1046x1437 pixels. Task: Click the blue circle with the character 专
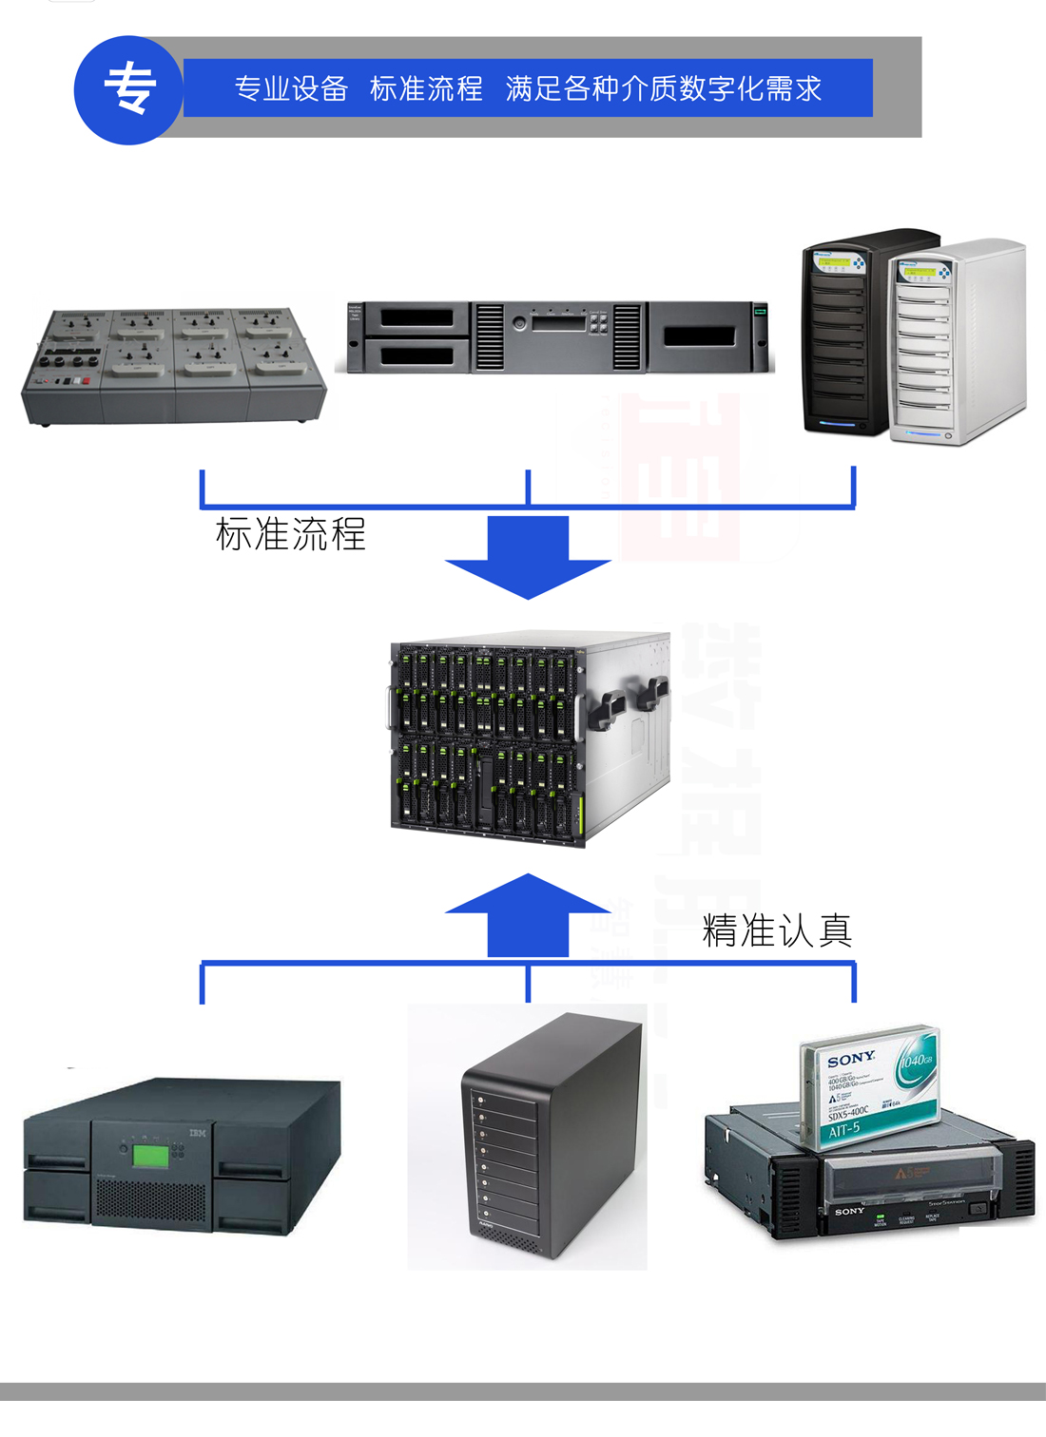coord(128,90)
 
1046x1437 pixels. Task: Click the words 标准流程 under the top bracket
coord(290,534)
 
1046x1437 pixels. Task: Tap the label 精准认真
coord(777,930)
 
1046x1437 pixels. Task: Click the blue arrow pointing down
coord(528,557)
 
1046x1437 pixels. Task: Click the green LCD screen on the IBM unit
coord(150,1156)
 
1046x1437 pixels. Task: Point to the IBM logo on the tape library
coord(197,1133)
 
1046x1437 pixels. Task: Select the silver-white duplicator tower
coord(956,342)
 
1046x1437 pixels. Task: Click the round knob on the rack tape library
coord(519,324)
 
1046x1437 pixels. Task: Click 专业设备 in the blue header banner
coord(291,89)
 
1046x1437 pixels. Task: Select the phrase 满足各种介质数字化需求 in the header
coord(663,89)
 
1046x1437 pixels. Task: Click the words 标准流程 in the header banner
coord(426,89)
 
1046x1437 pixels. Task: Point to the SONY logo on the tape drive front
coord(849,1211)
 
